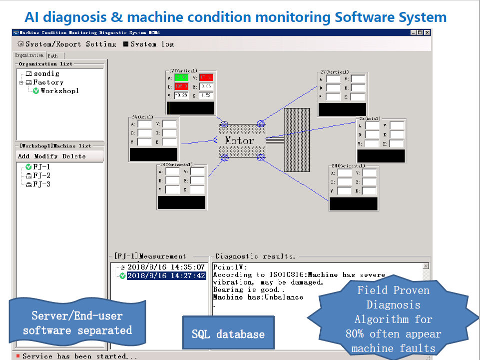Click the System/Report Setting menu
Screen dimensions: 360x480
[x=67, y=44]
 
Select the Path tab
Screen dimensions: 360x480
[x=53, y=56]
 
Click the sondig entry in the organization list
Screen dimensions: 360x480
[x=46, y=74]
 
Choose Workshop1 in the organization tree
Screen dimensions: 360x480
[x=59, y=91]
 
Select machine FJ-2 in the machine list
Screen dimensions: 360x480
[x=41, y=175]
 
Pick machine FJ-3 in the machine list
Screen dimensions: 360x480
[x=41, y=184]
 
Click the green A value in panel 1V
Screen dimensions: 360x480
[x=180, y=77]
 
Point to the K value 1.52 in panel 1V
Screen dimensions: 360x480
[x=205, y=95]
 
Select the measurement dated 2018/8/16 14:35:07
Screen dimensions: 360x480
[x=166, y=267]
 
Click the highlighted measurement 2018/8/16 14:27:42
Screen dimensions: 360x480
[x=166, y=276]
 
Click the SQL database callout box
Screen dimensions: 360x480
[x=228, y=333]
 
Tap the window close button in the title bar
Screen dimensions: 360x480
[x=427, y=32]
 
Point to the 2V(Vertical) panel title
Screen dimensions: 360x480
[x=334, y=72]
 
